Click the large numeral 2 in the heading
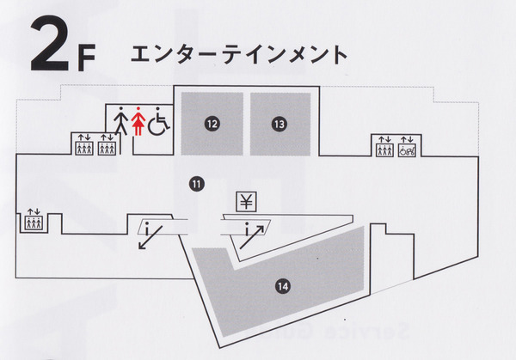pyautogui.click(x=49, y=43)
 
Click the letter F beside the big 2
pyautogui.click(x=87, y=58)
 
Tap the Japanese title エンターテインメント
pyautogui.click(x=239, y=55)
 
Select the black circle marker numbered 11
pyautogui.click(x=197, y=184)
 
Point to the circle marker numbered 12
pyautogui.click(x=212, y=124)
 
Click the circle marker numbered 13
pyautogui.click(x=279, y=125)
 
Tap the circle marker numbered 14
pyautogui.click(x=283, y=287)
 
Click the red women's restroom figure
pyautogui.click(x=138, y=120)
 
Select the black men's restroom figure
pyautogui.click(x=121, y=120)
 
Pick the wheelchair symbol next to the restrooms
pyautogui.click(x=158, y=121)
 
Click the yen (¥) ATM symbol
pyautogui.click(x=246, y=202)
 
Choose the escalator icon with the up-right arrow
pyautogui.click(x=252, y=235)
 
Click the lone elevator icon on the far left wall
pyautogui.click(x=34, y=223)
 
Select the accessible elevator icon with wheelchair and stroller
pyautogui.click(x=408, y=150)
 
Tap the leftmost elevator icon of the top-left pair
pyautogui.click(x=84, y=149)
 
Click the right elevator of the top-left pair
pyautogui.click(x=107, y=149)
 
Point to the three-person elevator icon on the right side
pyautogui.click(x=384, y=150)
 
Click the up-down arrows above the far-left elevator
pyautogui.click(x=34, y=211)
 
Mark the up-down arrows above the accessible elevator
pyautogui.click(x=408, y=139)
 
